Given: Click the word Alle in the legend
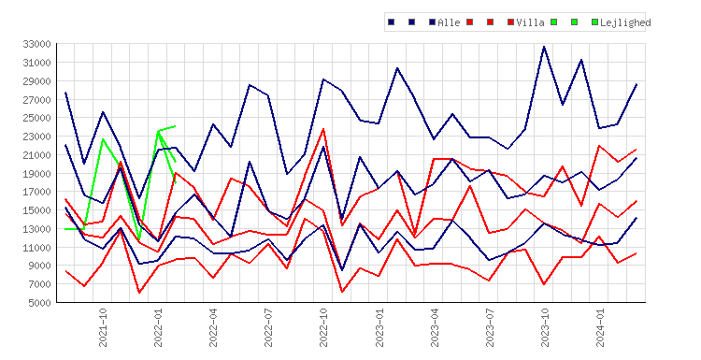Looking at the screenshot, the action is click(449, 22).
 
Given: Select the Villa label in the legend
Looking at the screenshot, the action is click(530, 22).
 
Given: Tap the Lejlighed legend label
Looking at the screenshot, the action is click(625, 22).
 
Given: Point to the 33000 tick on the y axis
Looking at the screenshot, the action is click(36, 44).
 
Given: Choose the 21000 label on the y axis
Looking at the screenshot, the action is click(36, 154).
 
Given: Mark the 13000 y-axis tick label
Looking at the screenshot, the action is click(36, 229).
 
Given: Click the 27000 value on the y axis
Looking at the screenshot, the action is click(36, 99).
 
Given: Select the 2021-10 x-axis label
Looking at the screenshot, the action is click(103, 327).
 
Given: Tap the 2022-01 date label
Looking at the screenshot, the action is click(158, 327).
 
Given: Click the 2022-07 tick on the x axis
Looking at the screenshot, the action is click(268, 327).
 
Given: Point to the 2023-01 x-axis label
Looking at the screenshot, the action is click(379, 327).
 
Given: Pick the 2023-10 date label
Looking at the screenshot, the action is click(545, 327).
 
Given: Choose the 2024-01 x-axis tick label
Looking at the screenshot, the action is click(600, 327).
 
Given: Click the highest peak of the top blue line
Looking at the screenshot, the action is click(544, 46).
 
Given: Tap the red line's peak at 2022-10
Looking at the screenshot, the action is click(323, 129).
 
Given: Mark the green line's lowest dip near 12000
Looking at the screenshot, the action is click(139, 239).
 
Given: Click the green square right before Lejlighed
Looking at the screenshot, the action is click(594, 22).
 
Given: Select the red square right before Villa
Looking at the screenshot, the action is click(510, 22).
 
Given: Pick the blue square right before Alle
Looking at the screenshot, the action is click(432, 22).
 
